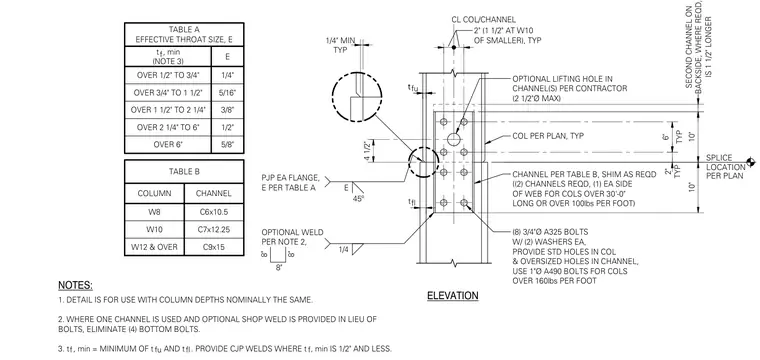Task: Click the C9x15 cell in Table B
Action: click(214, 247)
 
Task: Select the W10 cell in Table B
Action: click(154, 229)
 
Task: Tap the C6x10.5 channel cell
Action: click(214, 212)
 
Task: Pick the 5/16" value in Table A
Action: click(227, 93)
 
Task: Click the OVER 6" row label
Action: click(168, 144)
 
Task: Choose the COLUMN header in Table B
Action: click(154, 193)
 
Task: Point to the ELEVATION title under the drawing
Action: click(453, 296)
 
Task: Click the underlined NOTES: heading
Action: click(75, 285)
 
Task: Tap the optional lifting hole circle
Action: click(454, 140)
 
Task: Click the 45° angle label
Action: click(359, 198)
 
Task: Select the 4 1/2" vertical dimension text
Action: click(368, 151)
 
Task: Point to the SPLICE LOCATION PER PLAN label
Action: click(725, 167)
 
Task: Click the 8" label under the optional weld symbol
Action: click(279, 267)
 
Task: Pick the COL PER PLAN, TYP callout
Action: click(548, 136)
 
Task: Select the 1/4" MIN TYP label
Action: click(340, 46)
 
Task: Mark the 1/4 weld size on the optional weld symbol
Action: click(343, 250)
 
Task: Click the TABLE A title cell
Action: click(184, 34)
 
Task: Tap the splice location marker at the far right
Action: click(751, 162)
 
